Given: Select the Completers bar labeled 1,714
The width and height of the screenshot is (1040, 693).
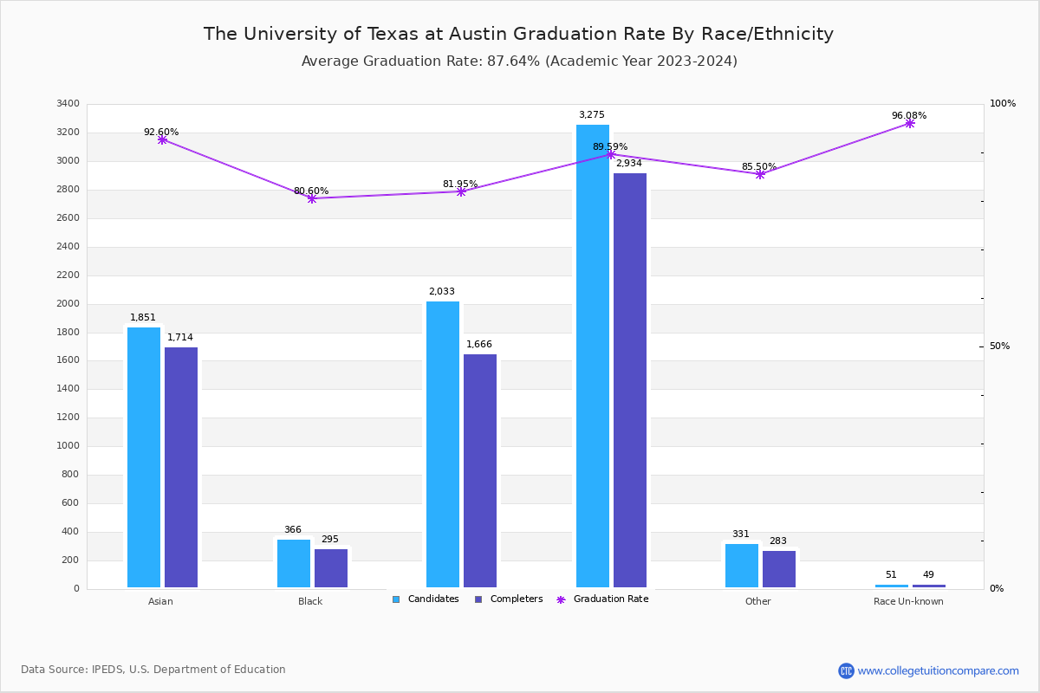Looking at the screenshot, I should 181,468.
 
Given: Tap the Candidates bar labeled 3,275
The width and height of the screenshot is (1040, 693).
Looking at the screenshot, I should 593,356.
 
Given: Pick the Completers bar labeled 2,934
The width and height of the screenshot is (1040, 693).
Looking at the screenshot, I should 630,380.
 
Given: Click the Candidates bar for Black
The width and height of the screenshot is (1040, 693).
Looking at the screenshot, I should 294,564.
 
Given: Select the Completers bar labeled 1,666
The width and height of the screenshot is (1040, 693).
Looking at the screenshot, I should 480,471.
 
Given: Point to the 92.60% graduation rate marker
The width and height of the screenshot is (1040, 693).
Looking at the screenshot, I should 162,139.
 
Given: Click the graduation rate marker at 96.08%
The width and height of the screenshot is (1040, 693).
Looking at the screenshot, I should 909,123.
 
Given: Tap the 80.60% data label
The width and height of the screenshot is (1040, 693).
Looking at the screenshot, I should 311,191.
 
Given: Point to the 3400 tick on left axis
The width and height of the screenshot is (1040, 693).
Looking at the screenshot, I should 68,104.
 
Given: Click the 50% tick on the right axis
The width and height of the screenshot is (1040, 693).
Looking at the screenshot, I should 999,346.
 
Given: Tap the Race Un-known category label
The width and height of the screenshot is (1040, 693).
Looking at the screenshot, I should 908,601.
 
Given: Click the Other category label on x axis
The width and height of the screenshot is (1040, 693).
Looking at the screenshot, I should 757,601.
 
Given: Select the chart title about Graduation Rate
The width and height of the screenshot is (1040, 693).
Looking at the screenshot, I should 518,34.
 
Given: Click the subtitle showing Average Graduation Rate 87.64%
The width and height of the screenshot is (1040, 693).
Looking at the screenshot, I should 519,62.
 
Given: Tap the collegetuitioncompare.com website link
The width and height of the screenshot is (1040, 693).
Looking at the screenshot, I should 938,670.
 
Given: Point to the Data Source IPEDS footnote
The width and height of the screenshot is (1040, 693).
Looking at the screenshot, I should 153,670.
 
